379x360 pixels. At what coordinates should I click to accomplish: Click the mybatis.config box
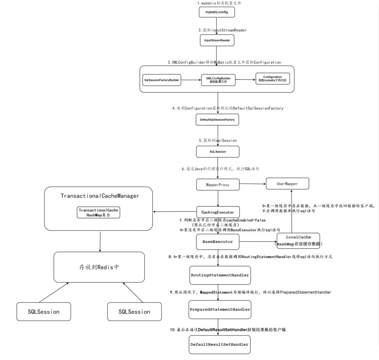[x=217, y=12]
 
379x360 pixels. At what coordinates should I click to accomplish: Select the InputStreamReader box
[x=217, y=40]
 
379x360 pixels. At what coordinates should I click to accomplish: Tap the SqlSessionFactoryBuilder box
[x=162, y=80]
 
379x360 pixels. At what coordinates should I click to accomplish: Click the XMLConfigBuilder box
[x=218, y=80]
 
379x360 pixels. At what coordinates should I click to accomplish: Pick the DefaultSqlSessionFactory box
[x=217, y=119]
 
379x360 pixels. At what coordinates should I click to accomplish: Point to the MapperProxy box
[x=218, y=184]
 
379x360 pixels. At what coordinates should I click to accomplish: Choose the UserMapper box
[x=287, y=184]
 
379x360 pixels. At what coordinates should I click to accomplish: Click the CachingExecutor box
[x=218, y=212]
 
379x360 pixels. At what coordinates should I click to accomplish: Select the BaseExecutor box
[x=218, y=242]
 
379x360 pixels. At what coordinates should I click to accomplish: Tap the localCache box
[x=298, y=241]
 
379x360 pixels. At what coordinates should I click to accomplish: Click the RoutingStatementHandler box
[x=220, y=275]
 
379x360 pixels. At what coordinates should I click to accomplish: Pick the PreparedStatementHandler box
[x=220, y=310]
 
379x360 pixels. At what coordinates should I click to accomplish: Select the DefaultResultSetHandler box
[x=220, y=344]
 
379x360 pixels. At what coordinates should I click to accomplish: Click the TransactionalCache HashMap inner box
[x=98, y=212]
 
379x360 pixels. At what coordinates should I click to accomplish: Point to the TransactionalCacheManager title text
[x=100, y=196]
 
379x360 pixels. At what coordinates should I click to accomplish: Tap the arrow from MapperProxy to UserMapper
[x=253, y=184]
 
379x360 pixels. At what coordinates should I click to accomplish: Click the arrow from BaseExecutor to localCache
[x=258, y=241]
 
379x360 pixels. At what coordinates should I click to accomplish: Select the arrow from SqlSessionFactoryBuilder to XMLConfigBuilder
[x=191, y=80]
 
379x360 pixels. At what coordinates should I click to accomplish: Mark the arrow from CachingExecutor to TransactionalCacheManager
[x=175, y=212]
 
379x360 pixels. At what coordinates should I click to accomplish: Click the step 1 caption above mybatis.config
[x=219, y=3]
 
